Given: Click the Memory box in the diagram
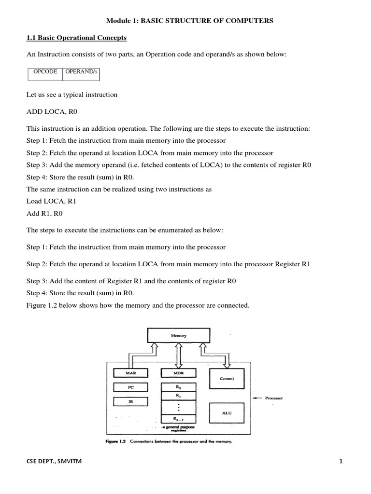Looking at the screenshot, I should pos(178,335).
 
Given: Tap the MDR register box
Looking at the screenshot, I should pos(178,373).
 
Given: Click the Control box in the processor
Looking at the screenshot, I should pos(227,379).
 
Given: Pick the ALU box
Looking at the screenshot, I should pos(227,413).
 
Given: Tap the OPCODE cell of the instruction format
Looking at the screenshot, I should pos(45,72).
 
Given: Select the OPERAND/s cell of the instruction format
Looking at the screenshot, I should pos(81,72).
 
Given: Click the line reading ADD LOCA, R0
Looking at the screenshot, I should pos(52,111).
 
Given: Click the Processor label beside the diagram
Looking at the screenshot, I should pos(273,398).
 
